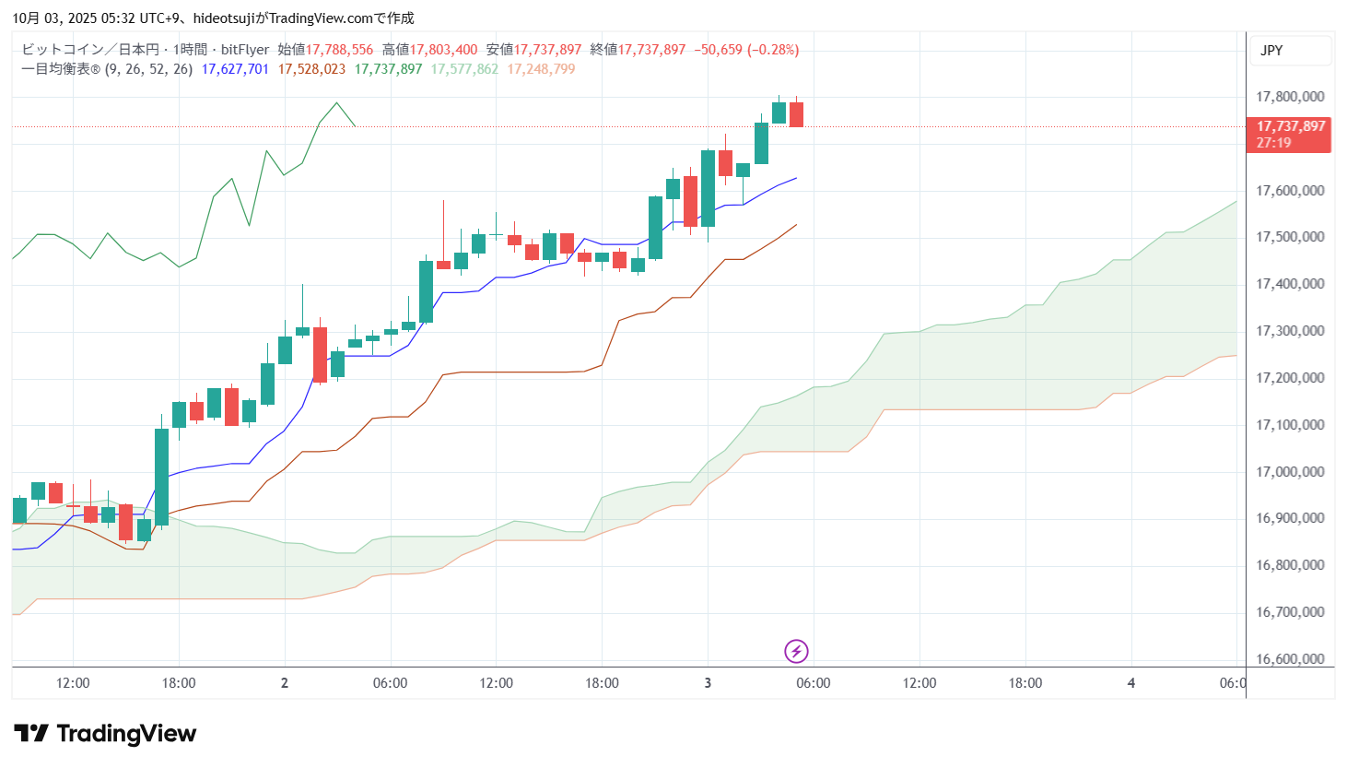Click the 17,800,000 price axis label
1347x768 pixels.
point(1290,97)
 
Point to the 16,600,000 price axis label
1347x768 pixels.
point(1290,659)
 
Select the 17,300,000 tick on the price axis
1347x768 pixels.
point(1290,331)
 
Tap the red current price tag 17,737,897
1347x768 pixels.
point(1290,126)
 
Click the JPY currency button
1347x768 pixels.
point(1271,51)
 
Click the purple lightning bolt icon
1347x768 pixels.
point(796,652)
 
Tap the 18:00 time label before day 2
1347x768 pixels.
point(179,683)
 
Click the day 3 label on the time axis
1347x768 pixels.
point(708,683)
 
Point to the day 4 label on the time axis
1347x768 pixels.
point(1131,683)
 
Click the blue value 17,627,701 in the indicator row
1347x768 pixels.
point(235,69)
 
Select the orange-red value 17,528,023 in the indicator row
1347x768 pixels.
point(311,69)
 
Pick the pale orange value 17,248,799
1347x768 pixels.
point(541,69)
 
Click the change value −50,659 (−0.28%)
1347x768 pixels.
point(746,50)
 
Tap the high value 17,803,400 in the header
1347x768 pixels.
point(443,50)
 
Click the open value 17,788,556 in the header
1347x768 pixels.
point(339,50)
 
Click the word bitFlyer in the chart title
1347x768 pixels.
point(245,50)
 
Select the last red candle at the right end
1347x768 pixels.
point(796,114)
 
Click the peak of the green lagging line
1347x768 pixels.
point(337,102)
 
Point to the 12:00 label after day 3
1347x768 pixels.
point(919,683)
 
